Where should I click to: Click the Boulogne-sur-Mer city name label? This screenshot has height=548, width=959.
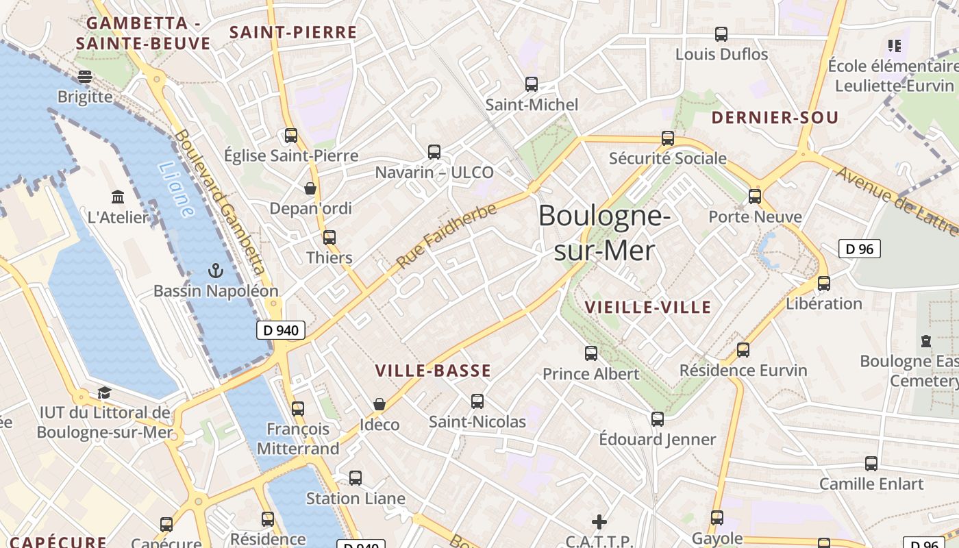pos(603,233)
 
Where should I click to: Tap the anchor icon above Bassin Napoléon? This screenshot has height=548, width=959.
pos(216,271)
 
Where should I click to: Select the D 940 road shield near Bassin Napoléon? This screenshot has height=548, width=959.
pos(281,330)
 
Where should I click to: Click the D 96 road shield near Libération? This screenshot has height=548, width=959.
pos(860,249)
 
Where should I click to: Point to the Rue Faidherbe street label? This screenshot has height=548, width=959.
pos(446,236)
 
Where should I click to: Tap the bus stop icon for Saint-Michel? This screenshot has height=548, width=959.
pos(532,84)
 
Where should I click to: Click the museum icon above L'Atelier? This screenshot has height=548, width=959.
pos(118,197)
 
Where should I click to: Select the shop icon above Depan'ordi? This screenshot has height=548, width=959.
pos(310,188)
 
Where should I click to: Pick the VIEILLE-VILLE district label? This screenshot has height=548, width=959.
pos(648,308)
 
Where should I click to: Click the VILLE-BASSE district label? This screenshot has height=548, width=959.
pos(433,371)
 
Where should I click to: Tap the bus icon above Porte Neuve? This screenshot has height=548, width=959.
pos(755,197)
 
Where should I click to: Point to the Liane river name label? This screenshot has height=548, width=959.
pos(175,189)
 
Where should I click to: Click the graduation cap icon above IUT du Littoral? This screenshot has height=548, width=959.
pos(104,393)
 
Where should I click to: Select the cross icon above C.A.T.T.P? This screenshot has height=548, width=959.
pos(599,522)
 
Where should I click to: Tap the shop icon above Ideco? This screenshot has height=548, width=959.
pos(379,404)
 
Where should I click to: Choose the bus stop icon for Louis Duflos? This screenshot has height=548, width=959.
pos(721,34)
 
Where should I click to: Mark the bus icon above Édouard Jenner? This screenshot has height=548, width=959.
pos(658,419)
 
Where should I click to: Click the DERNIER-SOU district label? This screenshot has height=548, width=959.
pos(775,118)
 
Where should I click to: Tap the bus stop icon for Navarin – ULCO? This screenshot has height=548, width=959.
pos(434,151)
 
